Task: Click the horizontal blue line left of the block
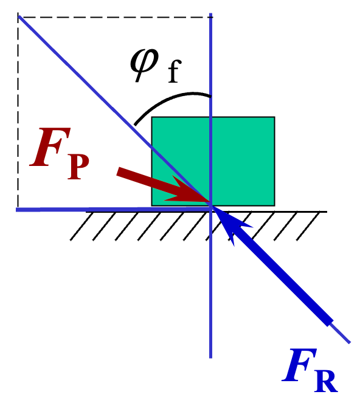(x=79, y=209)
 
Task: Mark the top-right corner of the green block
(x=274, y=117)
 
